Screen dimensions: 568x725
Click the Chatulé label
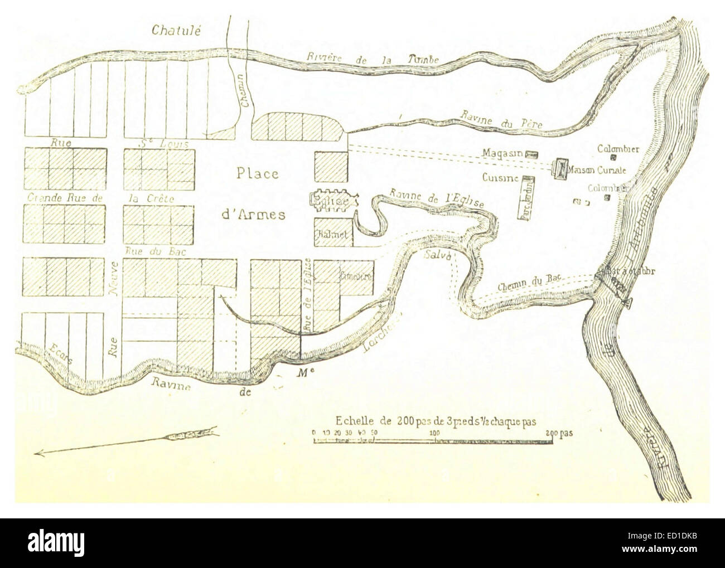coord(176,30)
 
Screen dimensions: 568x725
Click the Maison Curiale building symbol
coord(561,168)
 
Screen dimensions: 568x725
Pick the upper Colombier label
coord(618,148)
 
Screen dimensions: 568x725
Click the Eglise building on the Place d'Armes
coord(331,201)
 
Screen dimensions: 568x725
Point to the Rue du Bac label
coord(151,251)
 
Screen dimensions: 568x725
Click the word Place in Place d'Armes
coord(257,174)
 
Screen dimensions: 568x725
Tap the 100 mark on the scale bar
coord(433,433)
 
